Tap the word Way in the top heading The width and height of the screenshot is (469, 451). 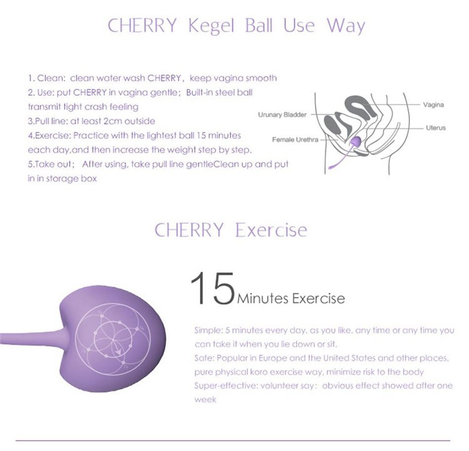346,26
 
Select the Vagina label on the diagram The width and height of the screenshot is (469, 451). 433,104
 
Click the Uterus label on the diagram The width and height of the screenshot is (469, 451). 436,128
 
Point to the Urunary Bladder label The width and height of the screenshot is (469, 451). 282,115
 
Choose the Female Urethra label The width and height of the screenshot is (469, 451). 295,139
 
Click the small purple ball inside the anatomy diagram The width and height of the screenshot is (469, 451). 356,141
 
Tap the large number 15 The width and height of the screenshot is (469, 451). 212,288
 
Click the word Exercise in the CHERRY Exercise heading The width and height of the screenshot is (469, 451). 271,230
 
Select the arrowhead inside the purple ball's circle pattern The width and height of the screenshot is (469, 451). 119,350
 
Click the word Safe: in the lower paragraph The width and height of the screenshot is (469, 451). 204,358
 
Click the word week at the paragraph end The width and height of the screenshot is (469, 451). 205,400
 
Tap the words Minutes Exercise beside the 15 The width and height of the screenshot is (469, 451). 291,298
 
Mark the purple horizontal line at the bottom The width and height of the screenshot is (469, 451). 233,440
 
